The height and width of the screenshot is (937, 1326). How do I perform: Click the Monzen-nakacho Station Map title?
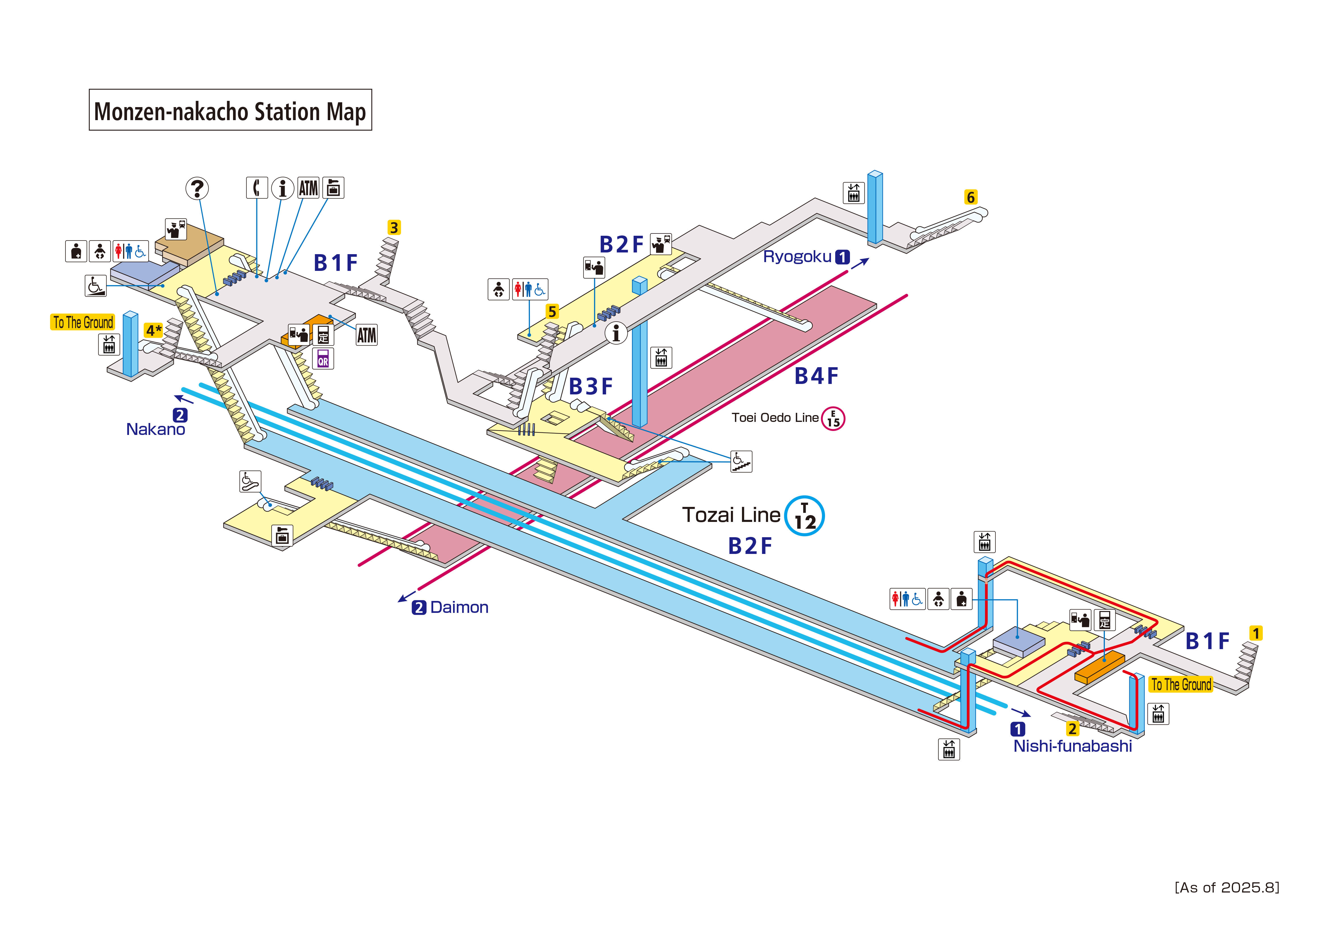coord(230,110)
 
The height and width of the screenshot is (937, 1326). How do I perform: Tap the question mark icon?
coord(197,188)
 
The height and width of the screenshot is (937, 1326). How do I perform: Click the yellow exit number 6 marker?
coord(971,197)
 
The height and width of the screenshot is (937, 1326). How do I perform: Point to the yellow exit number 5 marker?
coord(552,312)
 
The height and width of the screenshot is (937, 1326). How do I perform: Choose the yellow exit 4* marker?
coord(153,330)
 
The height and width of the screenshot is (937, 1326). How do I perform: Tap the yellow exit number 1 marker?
coord(1255,633)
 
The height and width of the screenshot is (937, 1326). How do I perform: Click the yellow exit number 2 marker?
coord(1073,728)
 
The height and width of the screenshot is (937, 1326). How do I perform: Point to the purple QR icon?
coord(323,358)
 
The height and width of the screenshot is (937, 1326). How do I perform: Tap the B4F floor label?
coord(816,377)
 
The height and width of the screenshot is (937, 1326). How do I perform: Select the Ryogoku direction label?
coord(798,257)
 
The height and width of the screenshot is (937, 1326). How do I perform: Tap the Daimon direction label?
coord(459,607)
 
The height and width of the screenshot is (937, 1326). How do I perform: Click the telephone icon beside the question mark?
coord(257,188)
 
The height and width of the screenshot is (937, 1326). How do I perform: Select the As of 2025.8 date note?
coord(1227,887)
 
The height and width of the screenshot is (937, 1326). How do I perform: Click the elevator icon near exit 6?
coord(854,193)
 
